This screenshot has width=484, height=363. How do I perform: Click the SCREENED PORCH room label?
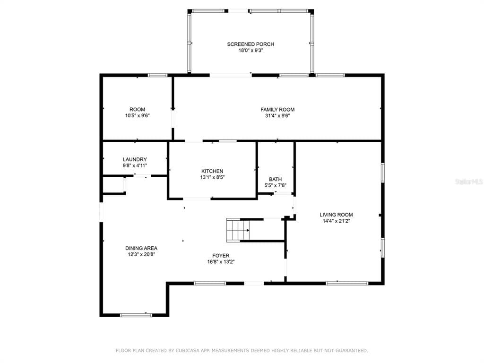click(251, 44)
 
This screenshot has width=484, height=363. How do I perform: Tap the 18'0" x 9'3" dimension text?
click(251, 50)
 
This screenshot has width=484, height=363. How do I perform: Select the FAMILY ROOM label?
click(277, 110)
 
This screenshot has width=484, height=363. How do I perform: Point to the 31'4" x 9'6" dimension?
click(277, 116)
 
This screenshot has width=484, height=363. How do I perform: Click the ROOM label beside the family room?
click(138, 110)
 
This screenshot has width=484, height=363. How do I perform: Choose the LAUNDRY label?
click(135, 160)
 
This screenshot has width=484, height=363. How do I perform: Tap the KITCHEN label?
click(212, 171)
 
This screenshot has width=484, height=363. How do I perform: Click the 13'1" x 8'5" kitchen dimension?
click(212, 178)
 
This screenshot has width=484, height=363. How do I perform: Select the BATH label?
click(275, 179)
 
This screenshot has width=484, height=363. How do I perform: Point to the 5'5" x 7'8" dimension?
click(275, 185)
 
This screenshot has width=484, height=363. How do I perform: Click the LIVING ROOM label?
click(336, 215)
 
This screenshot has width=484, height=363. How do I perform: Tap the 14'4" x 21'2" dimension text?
click(336, 221)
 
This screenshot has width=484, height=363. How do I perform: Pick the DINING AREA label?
click(141, 248)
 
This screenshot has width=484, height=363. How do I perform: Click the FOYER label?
click(221, 256)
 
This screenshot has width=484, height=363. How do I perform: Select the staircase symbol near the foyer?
click(238, 230)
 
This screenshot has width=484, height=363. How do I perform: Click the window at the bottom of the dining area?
click(136, 315)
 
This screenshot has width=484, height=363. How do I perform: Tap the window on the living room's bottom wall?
click(347, 283)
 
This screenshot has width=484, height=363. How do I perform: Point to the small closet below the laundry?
click(113, 185)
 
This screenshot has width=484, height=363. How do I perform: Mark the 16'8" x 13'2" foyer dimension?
click(221, 262)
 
